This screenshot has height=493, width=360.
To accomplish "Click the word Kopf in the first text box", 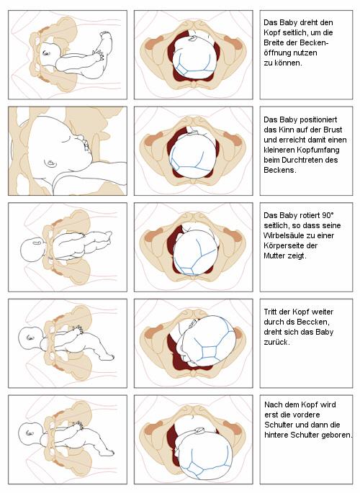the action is click(x=271, y=32).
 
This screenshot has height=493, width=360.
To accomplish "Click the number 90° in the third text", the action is click(x=328, y=215).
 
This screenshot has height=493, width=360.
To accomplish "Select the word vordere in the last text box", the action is click(x=307, y=415).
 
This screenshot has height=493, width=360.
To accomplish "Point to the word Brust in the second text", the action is click(x=333, y=130).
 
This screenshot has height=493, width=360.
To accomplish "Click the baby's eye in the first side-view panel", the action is click(x=46, y=53).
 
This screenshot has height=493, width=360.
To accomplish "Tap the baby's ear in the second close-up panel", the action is click(x=50, y=163).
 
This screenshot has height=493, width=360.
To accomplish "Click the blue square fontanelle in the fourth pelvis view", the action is click(x=209, y=352).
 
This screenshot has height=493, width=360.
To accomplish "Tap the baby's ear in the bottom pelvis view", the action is click(x=199, y=430).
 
